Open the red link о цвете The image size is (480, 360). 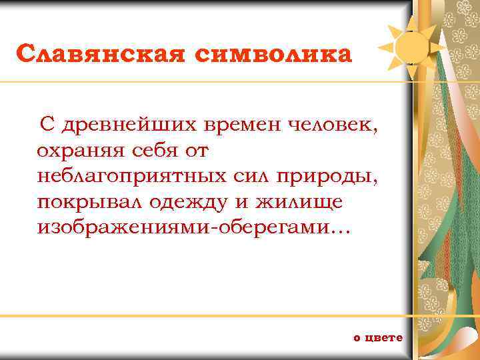[378, 337]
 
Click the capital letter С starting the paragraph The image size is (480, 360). [46, 125]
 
